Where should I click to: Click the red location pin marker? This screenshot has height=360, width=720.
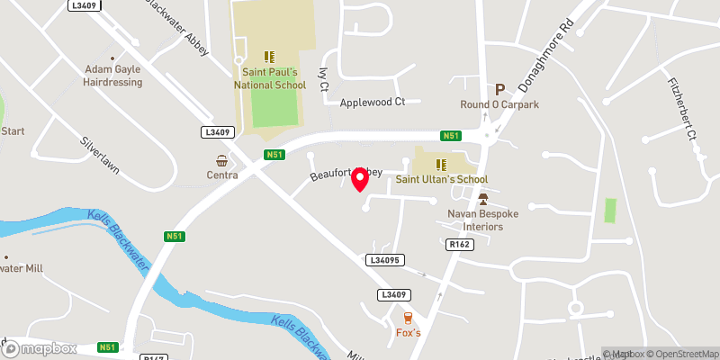click(360, 179)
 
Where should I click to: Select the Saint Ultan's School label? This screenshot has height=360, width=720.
click(442, 179)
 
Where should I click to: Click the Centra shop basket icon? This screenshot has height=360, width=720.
click(220, 160)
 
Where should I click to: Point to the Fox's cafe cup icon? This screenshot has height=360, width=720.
click(409, 318)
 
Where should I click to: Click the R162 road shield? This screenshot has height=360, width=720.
click(459, 245)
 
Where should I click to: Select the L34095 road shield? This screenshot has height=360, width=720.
click(382, 260)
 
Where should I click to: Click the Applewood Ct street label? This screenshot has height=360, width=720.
click(373, 103)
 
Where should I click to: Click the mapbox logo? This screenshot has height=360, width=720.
click(40, 348)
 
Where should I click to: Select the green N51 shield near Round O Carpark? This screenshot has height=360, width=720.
click(451, 136)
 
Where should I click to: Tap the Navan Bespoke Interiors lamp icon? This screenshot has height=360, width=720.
click(482, 199)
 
